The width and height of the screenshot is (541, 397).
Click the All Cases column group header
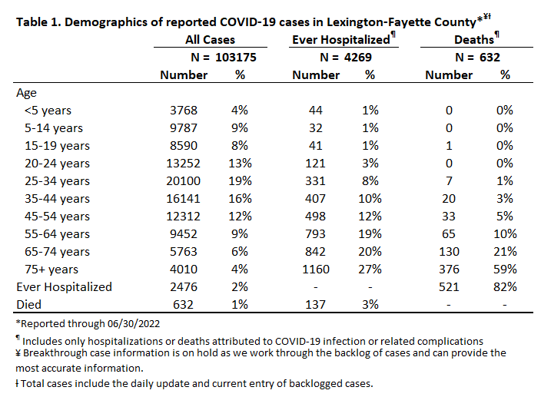click(210, 40)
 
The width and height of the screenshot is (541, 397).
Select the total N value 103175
click(236, 57)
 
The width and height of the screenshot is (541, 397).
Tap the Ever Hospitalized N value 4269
click(358, 57)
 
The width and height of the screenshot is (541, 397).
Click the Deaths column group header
click(474, 40)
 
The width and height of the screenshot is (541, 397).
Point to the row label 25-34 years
click(57, 181)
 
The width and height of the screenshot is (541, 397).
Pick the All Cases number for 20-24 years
click(183, 164)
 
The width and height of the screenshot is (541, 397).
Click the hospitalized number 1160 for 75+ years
click(316, 270)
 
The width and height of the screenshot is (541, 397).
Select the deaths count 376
click(449, 270)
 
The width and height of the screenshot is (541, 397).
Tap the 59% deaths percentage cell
click(505, 270)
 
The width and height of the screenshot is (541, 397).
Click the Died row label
click(29, 305)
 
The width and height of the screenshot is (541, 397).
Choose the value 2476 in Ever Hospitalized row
click(184, 287)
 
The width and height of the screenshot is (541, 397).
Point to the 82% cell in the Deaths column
click(505, 287)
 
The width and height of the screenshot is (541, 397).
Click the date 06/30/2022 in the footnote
click(134, 324)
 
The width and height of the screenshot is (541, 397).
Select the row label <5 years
click(48, 111)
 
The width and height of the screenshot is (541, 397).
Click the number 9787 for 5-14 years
click(184, 128)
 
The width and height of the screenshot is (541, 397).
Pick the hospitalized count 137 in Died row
click(315, 305)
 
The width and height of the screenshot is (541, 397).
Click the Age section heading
click(26, 94)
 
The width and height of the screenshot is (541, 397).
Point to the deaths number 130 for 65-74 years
click(449, 252)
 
